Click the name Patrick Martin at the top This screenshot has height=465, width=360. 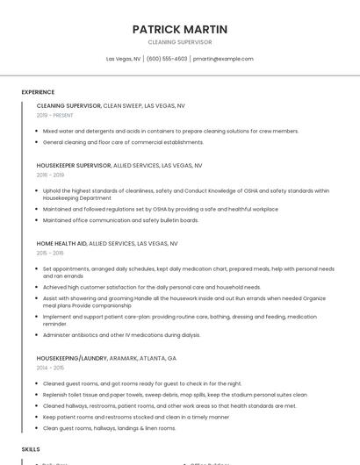(x=179, y=29)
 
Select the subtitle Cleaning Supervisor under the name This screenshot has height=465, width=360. (x=179, y=42)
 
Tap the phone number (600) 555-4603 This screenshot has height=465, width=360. (x=167, y=59)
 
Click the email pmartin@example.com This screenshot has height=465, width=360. (x=223, y=59)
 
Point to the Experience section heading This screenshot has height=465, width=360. (x=38, y=91)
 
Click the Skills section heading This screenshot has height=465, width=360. (x=31, y=448)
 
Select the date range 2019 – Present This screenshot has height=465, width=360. (x=55, y=115)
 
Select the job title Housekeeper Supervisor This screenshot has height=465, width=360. (x=74, y=164)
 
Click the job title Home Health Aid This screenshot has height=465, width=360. (x=61, y=243)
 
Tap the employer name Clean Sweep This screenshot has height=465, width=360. (x=122, y=105)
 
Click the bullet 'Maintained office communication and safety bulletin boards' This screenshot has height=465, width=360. (x=120, y=220)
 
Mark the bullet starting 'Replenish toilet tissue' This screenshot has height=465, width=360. (x=174, y=395)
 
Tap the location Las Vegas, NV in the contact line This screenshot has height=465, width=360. (x=123, y=59)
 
